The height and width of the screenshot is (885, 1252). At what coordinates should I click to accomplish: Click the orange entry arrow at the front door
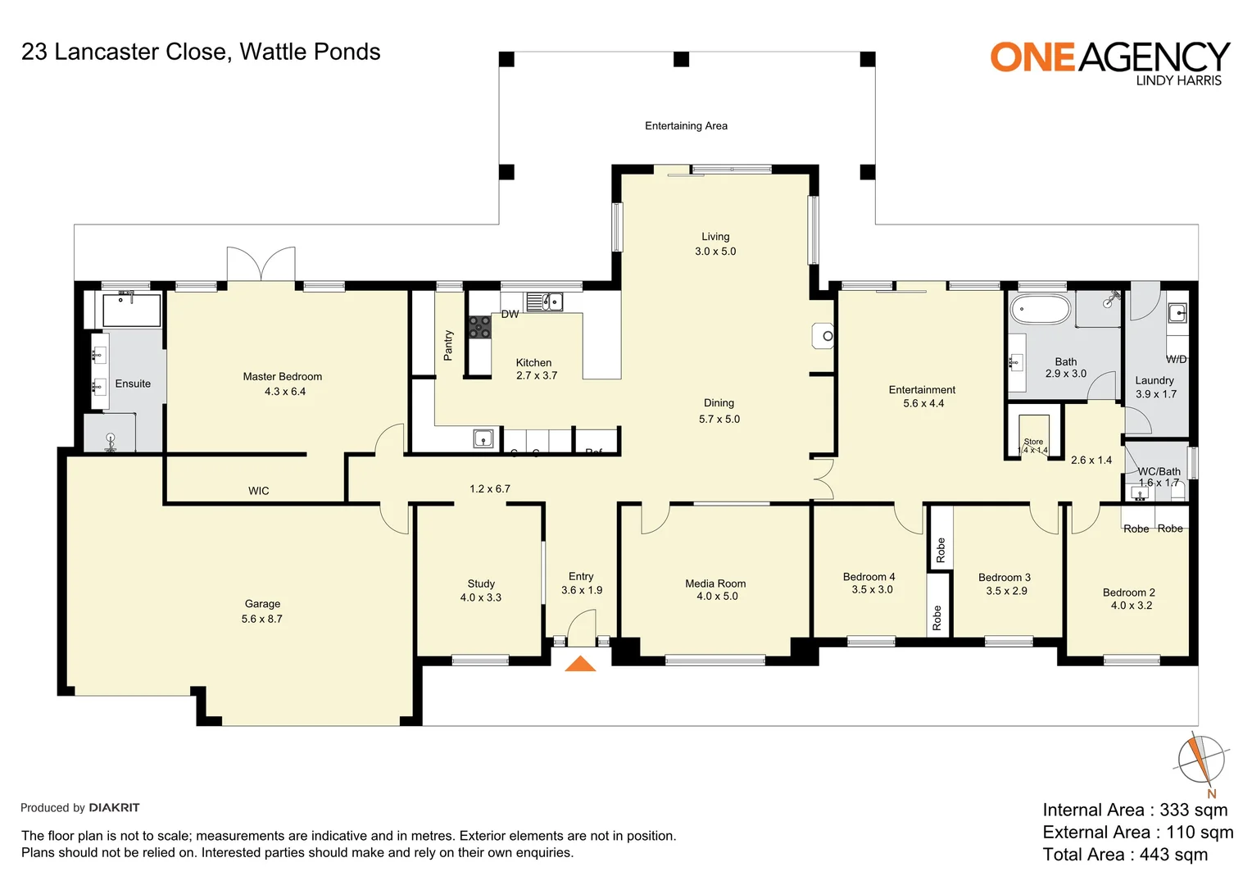[x=580, y=664]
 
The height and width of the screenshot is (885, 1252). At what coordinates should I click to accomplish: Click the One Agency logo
[x=1109, y=62]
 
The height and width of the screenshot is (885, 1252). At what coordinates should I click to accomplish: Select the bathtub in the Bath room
[x=1040, y=310]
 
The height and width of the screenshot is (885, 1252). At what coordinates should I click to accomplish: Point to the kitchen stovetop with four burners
[x=479, y=327]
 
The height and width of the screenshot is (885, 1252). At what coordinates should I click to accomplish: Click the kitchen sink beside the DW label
[x=544, y=302]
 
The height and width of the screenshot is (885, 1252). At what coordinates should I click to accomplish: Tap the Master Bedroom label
[x=282, y=377]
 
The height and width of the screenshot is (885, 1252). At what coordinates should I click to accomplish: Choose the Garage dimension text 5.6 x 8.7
[x=261, y=619]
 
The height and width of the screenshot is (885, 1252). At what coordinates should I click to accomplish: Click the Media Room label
[x=715, y=583]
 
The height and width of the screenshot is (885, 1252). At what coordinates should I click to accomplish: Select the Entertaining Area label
[x=686, y=125]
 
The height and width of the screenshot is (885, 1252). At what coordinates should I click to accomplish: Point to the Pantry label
[x=448, y=345]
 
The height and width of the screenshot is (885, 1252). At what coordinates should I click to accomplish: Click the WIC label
[x=258, y=491]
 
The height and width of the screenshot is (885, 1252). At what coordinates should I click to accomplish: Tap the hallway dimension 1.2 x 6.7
[x=489, y=488]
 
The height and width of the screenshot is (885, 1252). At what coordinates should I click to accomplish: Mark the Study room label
[x=481, y=583]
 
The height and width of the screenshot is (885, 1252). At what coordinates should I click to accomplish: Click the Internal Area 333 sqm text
[x=1135, y=810]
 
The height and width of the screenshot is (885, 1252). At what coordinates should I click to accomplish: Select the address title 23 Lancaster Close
[x=201, y=52]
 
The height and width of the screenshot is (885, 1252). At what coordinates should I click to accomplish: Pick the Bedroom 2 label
[x=1128, y=592]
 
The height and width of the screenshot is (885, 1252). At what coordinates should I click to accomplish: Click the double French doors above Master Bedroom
[x=261, y=264]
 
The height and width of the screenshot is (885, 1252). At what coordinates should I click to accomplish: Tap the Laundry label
[x=1154, y=380]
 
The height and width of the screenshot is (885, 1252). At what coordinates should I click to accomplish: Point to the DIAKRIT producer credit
[x=114, y=807]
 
